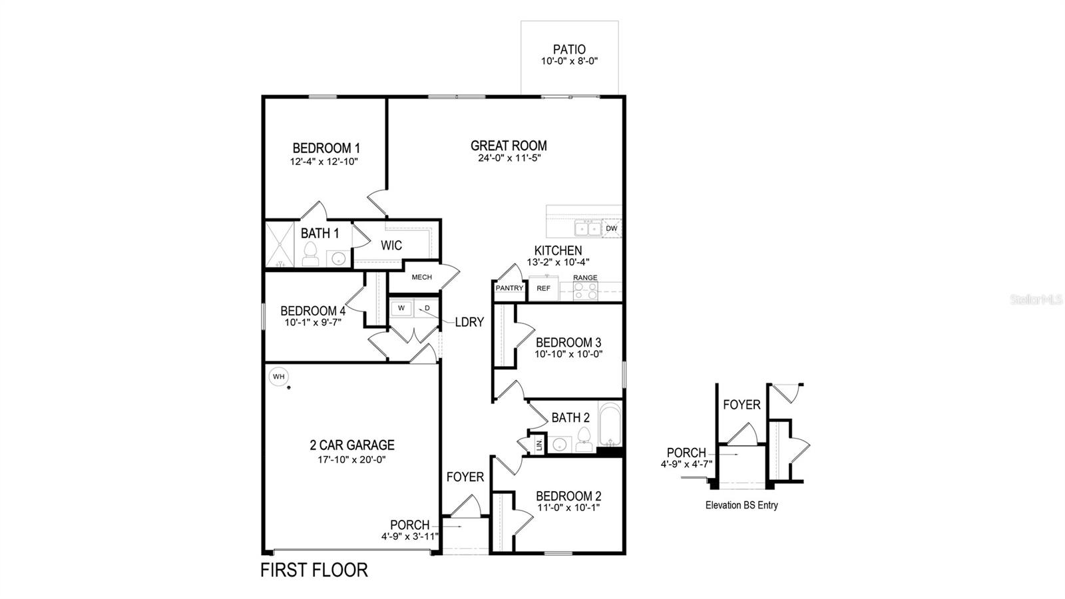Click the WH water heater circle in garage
(x=279, y=377)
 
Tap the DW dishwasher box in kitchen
(x=611, y=228)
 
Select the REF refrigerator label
(x=544, y=288)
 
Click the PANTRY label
(x=509, y=288)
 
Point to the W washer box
(x=401, y=308)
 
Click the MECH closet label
(x=421, y=277)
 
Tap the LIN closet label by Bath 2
(x=538, y=445)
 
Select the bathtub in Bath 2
(x=610, y=426)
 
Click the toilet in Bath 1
(x=310, y=254)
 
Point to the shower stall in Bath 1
(x=280, y=244)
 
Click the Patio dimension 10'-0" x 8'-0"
(x=570, y=61)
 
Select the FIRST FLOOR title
(x=314, y=570)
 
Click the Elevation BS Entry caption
(x=742, y=505)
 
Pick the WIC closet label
(x=391, y=246)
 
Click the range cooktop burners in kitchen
(x=586, y=290)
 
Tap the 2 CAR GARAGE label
(x=352, y=445)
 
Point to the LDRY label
(x=469, y=322)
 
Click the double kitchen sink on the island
(x=588, y=228)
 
